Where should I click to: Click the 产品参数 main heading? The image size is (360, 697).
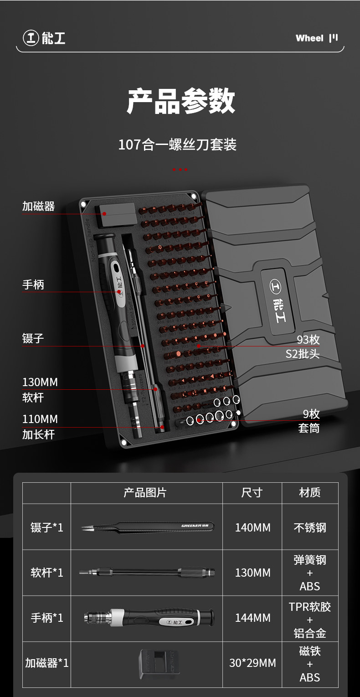tap(180, 101)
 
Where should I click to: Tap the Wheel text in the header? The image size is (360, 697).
tap(309, 38)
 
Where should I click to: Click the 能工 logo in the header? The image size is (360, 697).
tap(45, 38)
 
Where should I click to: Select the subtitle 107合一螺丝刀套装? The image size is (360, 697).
tap(177, 145)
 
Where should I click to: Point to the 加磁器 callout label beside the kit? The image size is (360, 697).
tap(39, 207)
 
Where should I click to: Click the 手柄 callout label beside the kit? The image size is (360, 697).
tap(33, 285)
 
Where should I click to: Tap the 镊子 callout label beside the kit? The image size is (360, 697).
tap(33, 338)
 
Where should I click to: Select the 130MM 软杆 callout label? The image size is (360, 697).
tap(40, 389)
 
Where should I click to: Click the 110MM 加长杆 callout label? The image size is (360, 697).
tap(40, 426)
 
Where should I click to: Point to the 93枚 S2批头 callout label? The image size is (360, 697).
tap(303, 346)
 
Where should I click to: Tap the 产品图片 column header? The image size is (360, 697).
tap(145, 493)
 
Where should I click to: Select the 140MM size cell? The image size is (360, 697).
tap(252, 527)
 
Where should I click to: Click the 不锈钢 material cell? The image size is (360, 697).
tap(310, 527)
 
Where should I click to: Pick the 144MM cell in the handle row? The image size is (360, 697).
tap(252, 618)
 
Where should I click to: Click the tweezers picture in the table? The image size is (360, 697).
tap(147, 527)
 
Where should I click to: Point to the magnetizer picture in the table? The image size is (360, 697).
tap(159, 663)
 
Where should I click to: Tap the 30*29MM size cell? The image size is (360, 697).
tap(252, 663)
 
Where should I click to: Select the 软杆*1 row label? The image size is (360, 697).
tap(47, 573)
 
